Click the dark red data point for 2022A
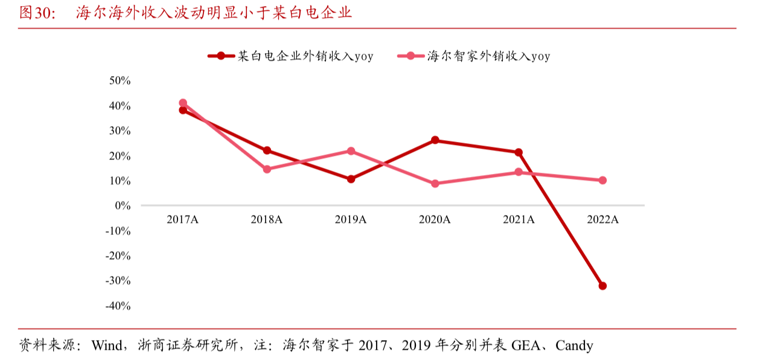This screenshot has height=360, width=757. coord(602,286)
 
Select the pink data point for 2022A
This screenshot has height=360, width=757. coord(602,180)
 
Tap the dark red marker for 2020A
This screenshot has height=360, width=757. coord(435,140)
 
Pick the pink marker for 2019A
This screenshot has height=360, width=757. coord(351,151)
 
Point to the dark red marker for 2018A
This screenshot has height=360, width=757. coord(267,150)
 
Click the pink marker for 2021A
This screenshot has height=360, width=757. coord(519,172)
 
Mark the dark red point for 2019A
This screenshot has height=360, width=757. coord(351,179)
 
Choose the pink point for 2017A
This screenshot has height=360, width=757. coord(183,103)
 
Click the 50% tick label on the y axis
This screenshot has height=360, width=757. coord(120,80)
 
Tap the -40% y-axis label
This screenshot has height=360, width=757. coord(118,306)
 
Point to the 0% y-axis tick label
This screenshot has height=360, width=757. coord(123,205)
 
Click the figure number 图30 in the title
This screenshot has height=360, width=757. coord(37,13)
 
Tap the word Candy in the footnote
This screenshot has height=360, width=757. coord(574,346)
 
